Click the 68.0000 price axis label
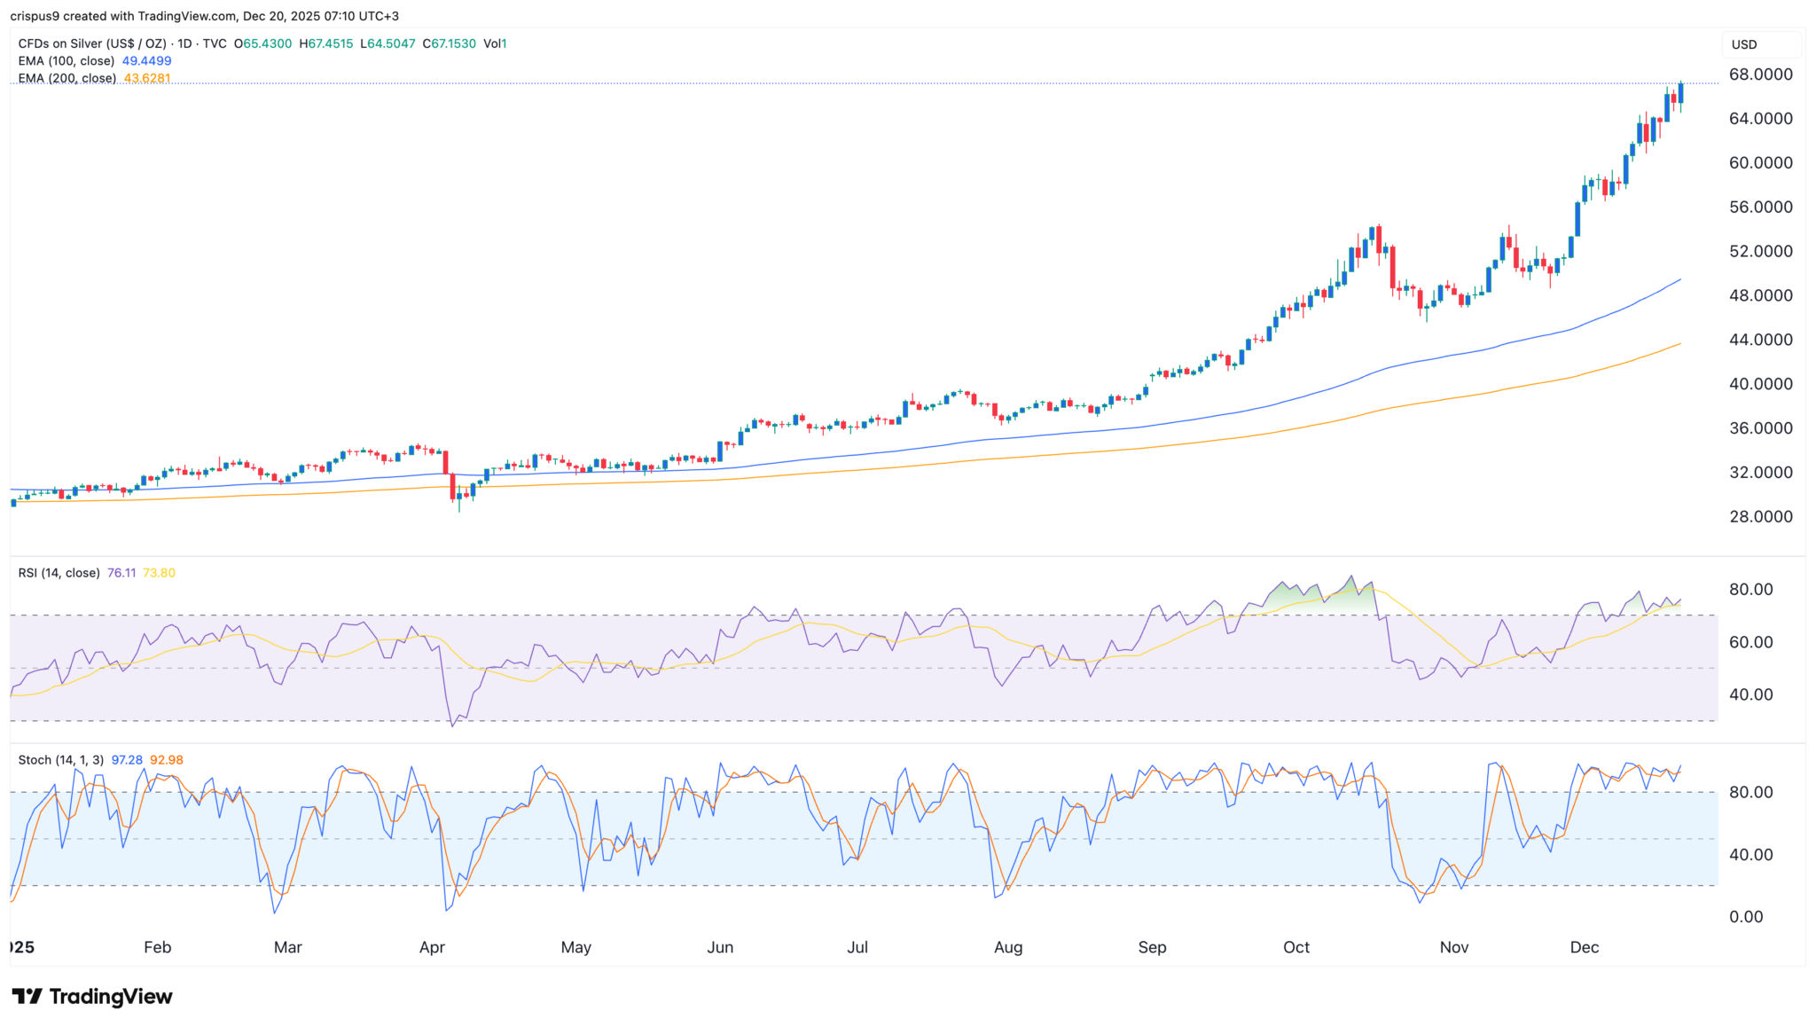point(1760,74)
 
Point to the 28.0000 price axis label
point(1760,516)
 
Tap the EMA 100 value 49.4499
point(146,61)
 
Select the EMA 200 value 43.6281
point(147,78)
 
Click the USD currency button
point(1744,44)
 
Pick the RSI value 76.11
point(121,573)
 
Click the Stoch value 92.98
point(167,760)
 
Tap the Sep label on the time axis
point(1152,947)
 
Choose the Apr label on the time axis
point(432,947)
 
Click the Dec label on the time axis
point(1584,947)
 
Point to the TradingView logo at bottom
point(92,997)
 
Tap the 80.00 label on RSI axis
point(1751,590)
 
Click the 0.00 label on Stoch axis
point(1746,917)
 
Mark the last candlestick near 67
point(1680,92)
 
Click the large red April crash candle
point(446,463)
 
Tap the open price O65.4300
point(262,43)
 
